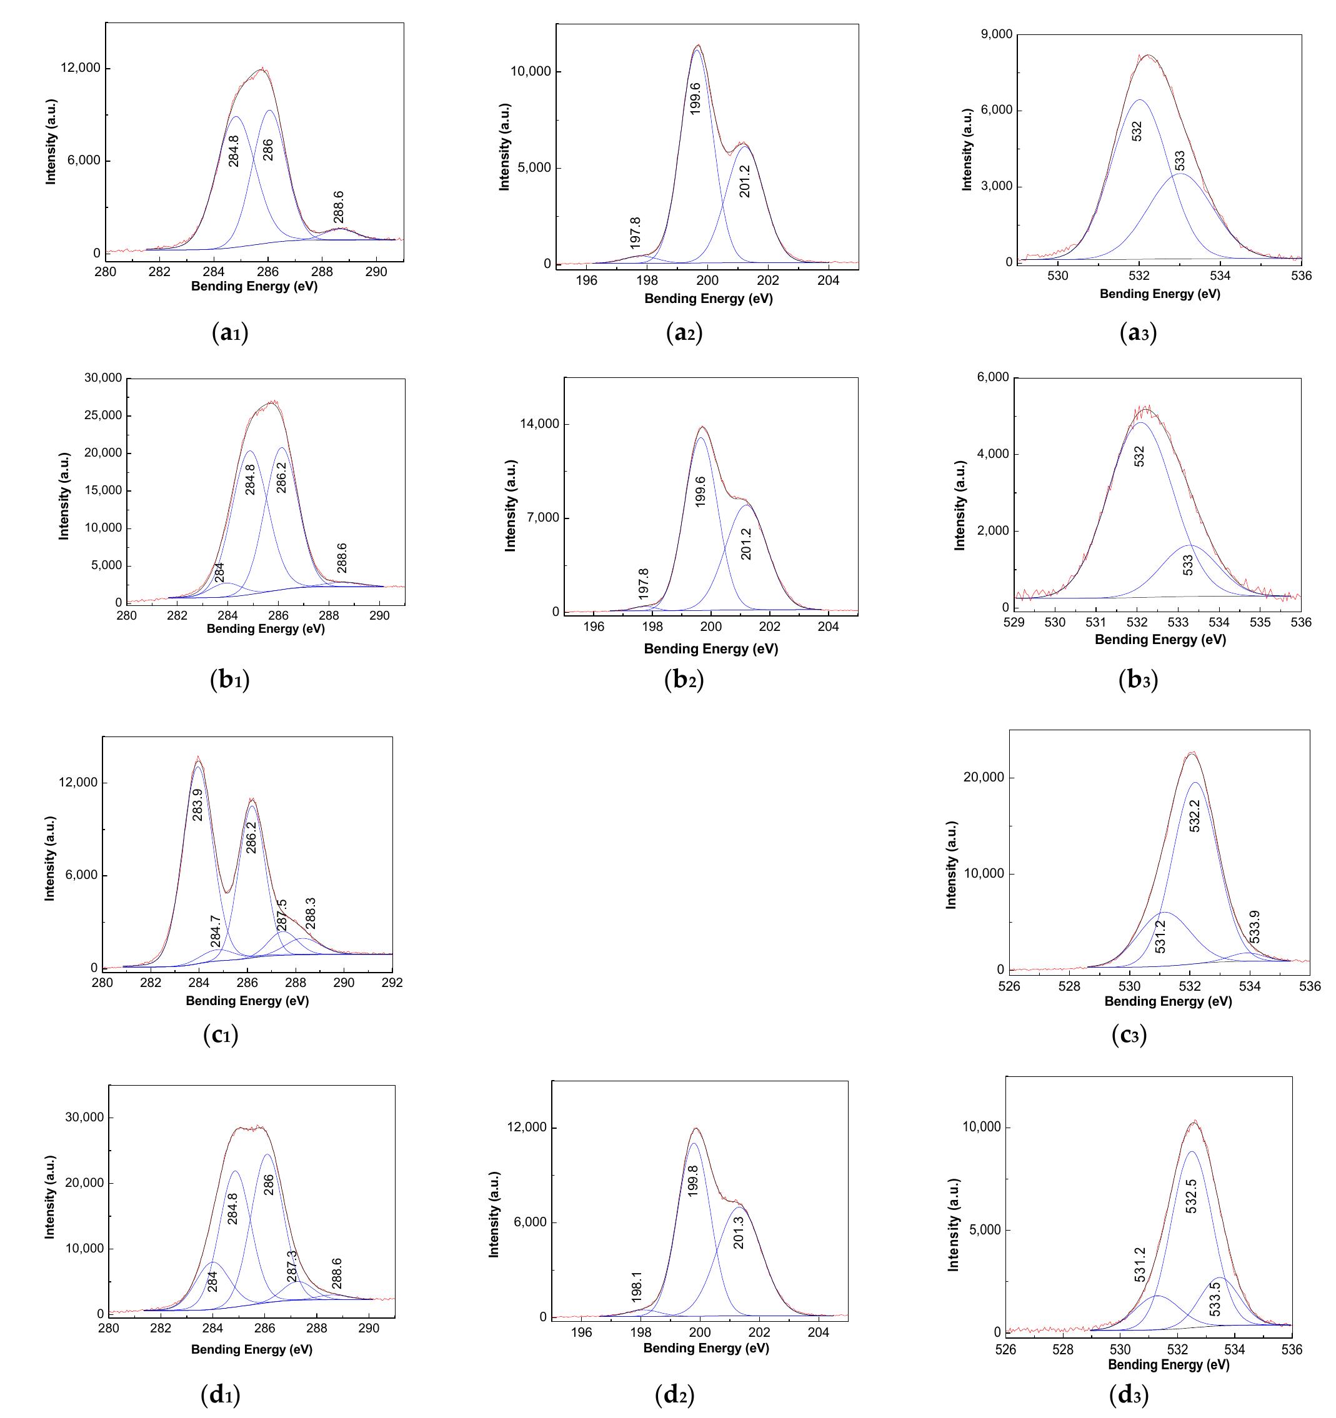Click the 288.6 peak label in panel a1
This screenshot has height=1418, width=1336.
click(338, 207)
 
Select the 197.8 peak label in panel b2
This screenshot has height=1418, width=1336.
click(644, 583)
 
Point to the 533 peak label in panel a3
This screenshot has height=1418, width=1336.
click(1180, 161)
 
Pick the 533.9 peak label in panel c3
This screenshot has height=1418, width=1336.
click(1255, 926)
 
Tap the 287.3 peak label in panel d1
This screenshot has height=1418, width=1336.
click(291, 1267)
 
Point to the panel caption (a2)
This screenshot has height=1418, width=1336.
click(684, 332)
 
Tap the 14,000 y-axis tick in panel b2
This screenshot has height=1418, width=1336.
click(539, 424)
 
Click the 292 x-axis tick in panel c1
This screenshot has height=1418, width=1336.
click(392, 983)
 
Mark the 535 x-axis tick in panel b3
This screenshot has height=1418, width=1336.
click(1260, 622)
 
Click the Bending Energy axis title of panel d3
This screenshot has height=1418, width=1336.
click(1169, 1364)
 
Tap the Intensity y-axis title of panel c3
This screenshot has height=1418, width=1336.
click(950, 865)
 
